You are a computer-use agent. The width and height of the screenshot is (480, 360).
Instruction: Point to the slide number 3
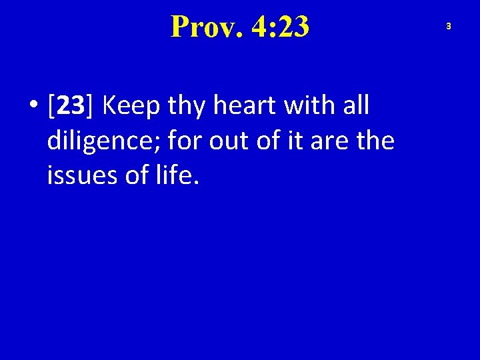[449, 26]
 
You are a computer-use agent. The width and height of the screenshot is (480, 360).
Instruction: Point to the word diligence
[103, 141]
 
